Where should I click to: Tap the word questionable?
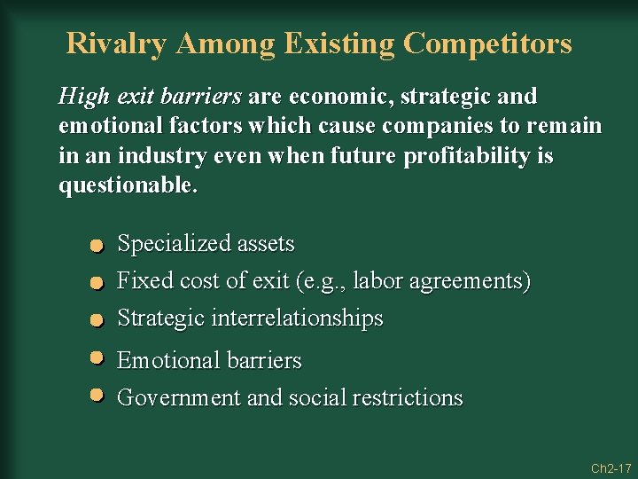[128, 186]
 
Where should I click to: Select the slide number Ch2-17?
[611, 467]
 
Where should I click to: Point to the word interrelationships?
[297, 318]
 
